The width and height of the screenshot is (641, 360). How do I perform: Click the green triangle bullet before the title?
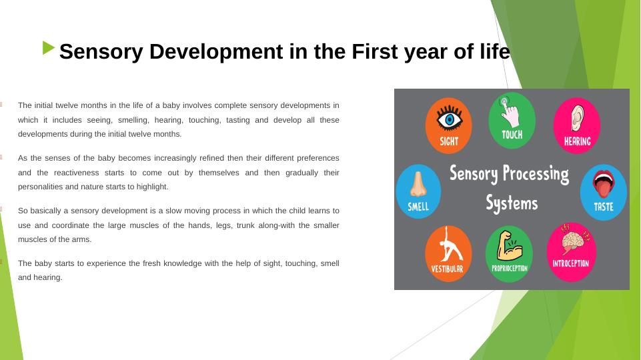(x=48, y=48)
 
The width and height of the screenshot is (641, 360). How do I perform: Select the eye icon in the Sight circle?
(x=450, y=118)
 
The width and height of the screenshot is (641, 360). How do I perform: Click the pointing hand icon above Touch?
(x=509, y=111)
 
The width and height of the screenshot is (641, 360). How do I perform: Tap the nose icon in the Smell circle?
(x=418, y=184)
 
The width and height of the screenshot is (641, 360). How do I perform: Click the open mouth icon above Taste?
(x=604, y=184)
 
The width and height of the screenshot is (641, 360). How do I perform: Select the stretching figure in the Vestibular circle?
(x=450, y=245)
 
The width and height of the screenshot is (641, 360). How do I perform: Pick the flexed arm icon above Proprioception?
(x=510, y=245)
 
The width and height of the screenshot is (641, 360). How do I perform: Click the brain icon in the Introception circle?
(x=573, y=239)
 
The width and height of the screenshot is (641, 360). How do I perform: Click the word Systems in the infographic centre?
(x=512, y=203)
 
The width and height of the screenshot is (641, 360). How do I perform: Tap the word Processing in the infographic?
(x=536, y=174)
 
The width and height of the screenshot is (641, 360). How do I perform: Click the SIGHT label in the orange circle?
(x=449, y=141)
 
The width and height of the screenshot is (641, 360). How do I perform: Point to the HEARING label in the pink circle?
(x=577, y=141)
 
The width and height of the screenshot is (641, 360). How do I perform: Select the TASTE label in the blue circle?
(x=604, y=207)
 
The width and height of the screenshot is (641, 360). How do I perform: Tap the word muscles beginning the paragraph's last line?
(x=31, y=239)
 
